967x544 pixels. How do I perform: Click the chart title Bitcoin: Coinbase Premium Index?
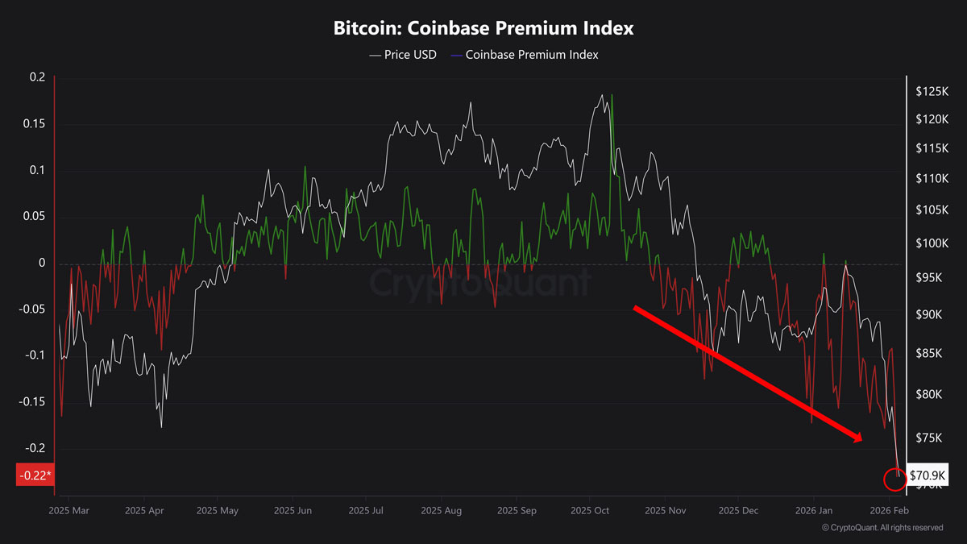pyautogui.click(x=483, y=28)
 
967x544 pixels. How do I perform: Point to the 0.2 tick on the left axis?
pyautogui.click(x=37, y=77)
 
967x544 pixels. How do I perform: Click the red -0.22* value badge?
pyautogui.click(x=35, y=475)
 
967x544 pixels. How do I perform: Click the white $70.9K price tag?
pyautogui.click(x=927, y=475)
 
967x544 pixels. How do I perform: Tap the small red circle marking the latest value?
pyautogui.click(x=895, y=480)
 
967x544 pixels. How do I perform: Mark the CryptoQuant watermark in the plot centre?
pyautogui.click(x=480, y=283)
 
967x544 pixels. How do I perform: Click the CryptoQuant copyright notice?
pyautogui.click(x=882, y=528)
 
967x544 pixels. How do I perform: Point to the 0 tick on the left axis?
pyautogui.click(x=43, y=264)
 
